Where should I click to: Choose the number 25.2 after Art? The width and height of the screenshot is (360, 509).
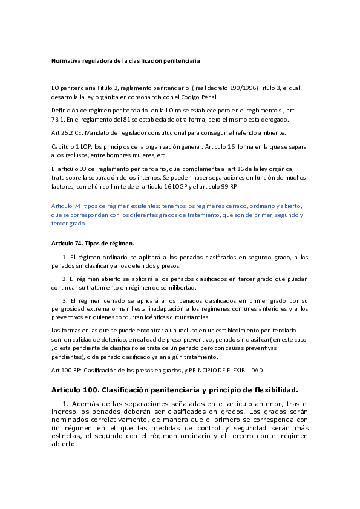point(67,132)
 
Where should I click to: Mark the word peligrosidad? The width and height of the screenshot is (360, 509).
point(69,309)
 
